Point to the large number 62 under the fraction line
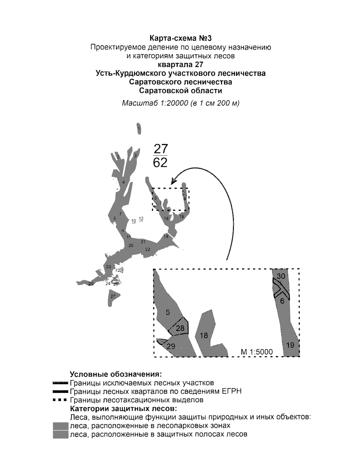pos(160,163)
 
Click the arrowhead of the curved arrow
pos(173,181)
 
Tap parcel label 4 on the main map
pos(124,182)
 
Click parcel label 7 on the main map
pos(120,214)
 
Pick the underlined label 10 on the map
pos(134,221)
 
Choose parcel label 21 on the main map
pos(143,242)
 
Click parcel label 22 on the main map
pos(148,249)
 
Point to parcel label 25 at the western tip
pos(91,284)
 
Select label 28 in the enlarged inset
pos(180,328)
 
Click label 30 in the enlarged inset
pos(281,276)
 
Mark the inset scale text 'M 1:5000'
pos(257,352)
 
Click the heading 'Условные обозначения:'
pos(116,375)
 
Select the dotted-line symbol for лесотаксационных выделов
pos(60,400)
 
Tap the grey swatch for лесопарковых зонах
pos(61,426)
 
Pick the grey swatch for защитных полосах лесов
pos(61,434)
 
